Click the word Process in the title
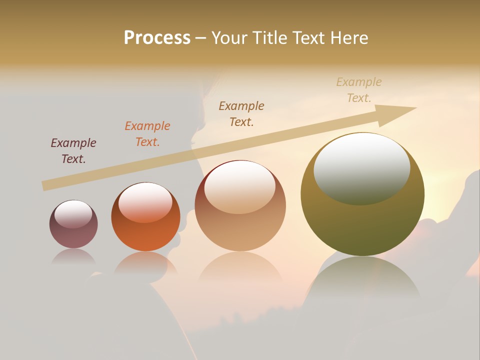[x=157, y=38]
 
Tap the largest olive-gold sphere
[x=362, y=225]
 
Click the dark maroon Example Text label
[x=73, y=151]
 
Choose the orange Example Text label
[x=147, y=134]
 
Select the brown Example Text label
[x=241, y=113]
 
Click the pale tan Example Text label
[x=359, y=90]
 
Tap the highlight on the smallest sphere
[x=73, y=214]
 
